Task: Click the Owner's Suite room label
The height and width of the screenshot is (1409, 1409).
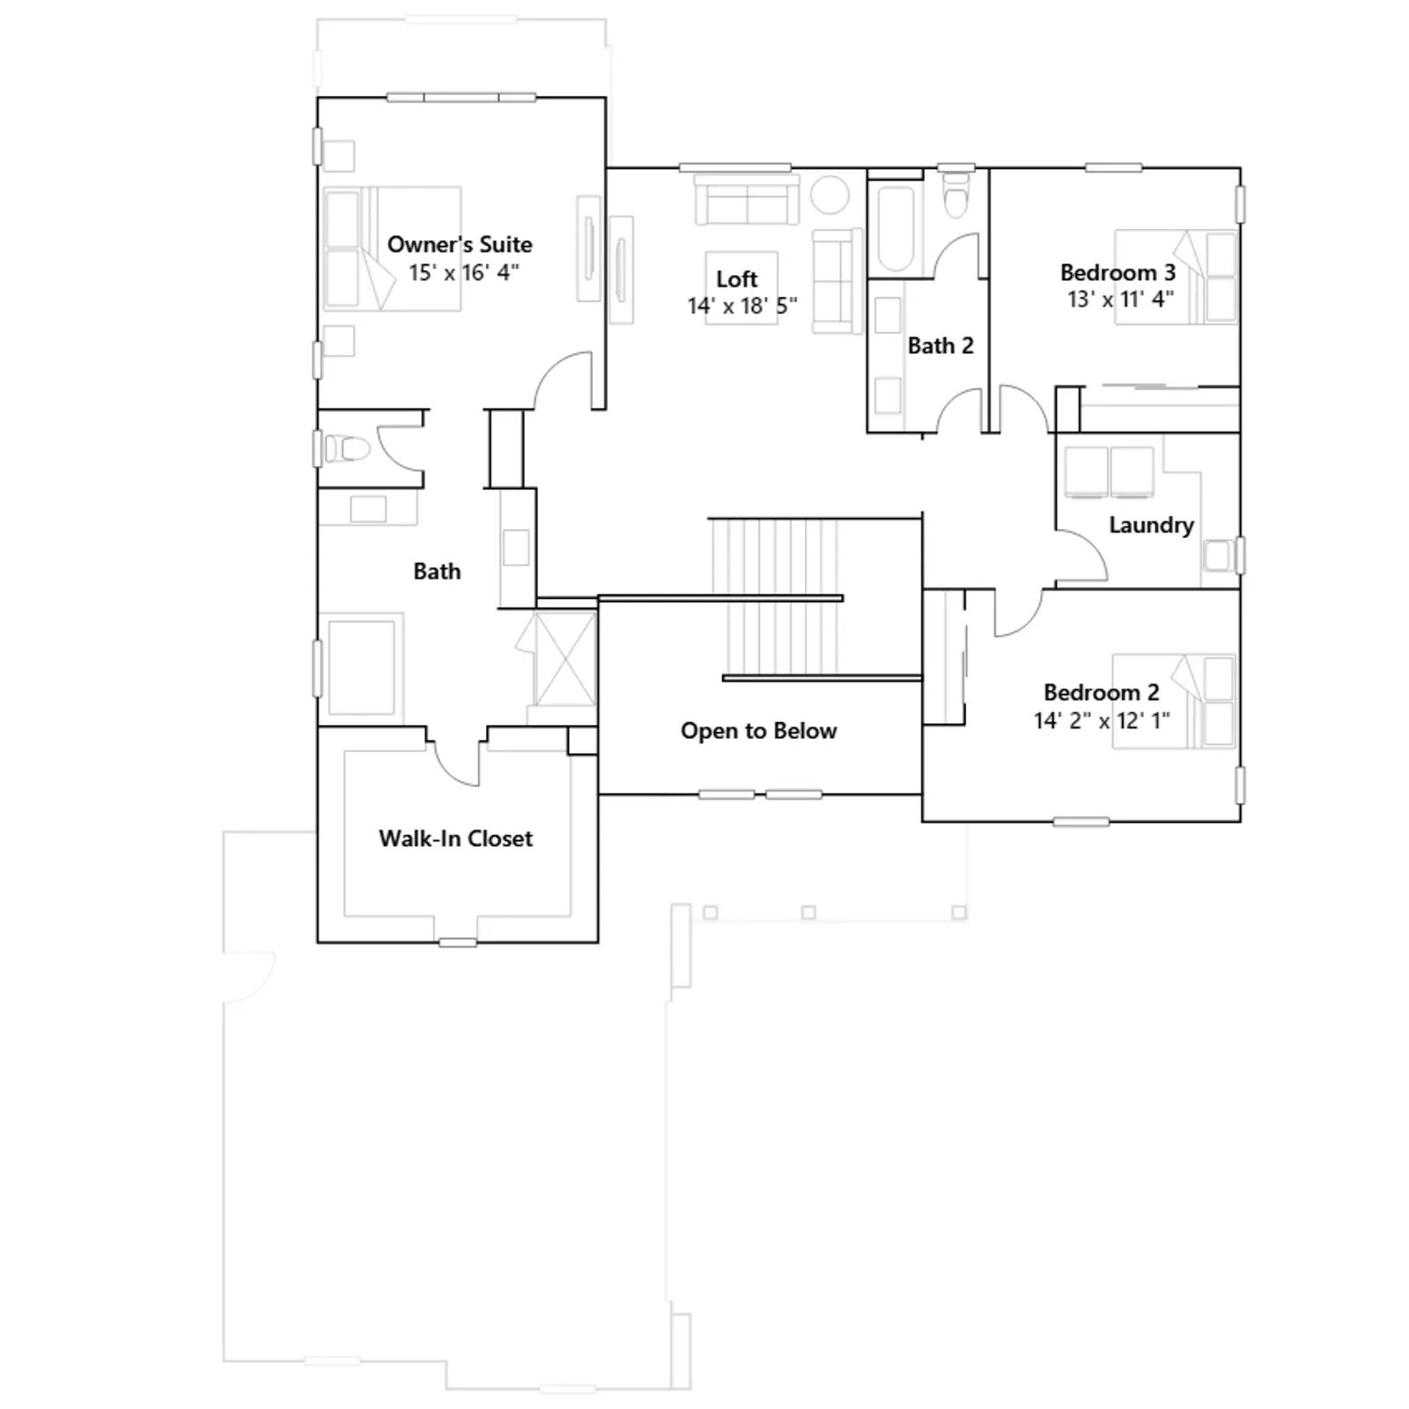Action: coord(460,244)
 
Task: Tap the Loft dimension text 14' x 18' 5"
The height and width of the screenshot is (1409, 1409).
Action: coord(742,306)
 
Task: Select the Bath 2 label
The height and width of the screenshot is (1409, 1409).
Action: coord(941,345)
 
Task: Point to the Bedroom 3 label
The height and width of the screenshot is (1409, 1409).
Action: coord(1118,272)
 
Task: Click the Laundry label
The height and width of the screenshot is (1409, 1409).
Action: coord(1151,525)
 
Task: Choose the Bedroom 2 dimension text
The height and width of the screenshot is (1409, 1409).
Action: coord(1102,720)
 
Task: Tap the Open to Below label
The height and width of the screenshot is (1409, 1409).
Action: coord(758,731)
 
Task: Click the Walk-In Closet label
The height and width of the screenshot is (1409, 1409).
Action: coord(455,838)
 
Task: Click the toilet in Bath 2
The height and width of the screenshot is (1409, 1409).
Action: coord(955,194)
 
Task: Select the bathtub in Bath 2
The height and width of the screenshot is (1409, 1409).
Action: coord(896,228)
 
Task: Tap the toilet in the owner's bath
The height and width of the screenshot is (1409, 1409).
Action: coord(346,448)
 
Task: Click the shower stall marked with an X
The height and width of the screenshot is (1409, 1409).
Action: coord(565,659)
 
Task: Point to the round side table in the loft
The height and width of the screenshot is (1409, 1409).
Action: coord(830,195)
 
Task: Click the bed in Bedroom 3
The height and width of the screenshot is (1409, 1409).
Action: coord(1176,277)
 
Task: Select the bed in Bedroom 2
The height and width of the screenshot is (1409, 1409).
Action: coord(1174,701)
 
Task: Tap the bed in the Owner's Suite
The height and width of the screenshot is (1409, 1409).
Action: coord(392,248)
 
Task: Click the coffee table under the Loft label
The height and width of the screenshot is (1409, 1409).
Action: coord(741,288)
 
